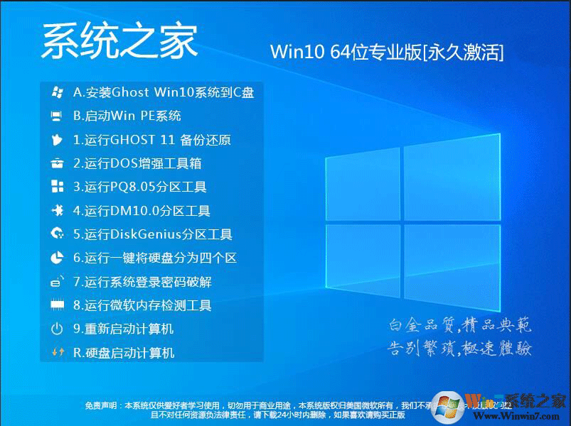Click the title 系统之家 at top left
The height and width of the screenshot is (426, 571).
click(x=119, y=42)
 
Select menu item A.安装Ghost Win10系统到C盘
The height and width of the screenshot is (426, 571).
click(x=164, y=92)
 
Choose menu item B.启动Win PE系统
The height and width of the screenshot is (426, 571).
click(x=127, y=116)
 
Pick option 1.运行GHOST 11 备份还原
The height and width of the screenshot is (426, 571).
click(x=152, y=140)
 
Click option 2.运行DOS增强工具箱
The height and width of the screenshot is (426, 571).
click(x=137, y=163)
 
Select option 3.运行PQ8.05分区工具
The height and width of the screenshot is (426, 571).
click(x=140, y=187)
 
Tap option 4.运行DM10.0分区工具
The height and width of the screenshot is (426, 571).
click(x=142, y=211)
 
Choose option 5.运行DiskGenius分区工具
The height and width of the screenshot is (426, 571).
click(x=153, y=234)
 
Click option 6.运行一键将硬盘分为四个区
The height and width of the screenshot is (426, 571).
click(x=155, y=258)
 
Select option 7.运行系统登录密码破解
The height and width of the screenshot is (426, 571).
click(x=142, y=282)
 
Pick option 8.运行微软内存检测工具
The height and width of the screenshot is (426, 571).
click(x=142, y=305)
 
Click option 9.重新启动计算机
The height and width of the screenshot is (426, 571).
click(x=123, y=329)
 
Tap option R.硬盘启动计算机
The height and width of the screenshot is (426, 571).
click(x=124, y=353)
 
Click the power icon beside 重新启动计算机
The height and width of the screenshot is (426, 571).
click(x=58, y=329)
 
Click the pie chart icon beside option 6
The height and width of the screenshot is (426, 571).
click(x=58, y=258)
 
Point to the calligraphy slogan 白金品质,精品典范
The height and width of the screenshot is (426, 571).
click(x=460, y=326)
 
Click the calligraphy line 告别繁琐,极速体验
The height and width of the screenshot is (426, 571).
click(x=460, y=349)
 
